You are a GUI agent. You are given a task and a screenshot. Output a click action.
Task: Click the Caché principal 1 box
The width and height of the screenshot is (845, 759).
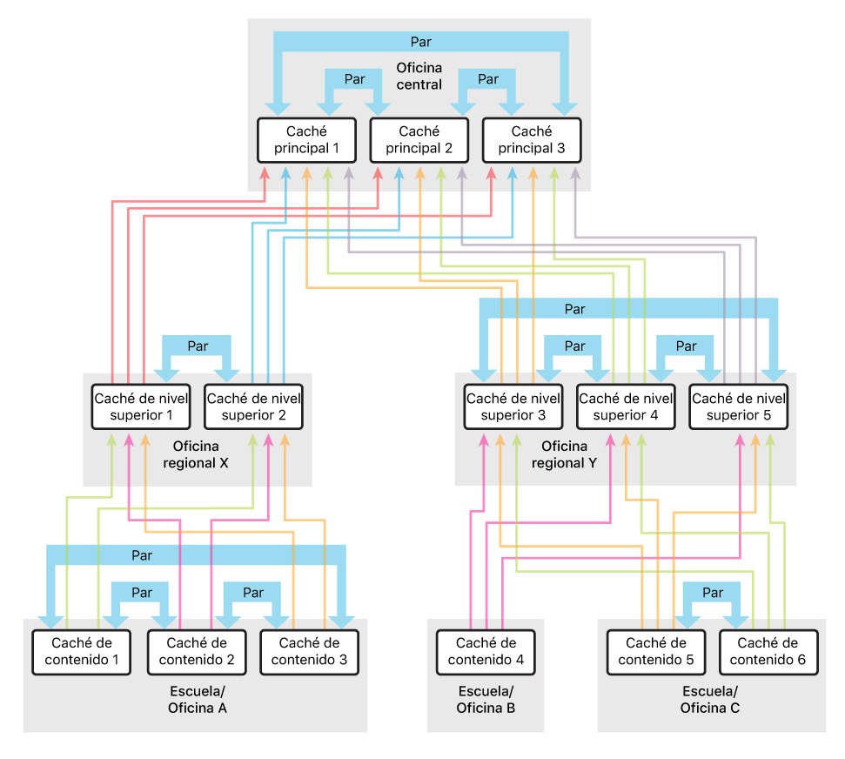coord(306,140)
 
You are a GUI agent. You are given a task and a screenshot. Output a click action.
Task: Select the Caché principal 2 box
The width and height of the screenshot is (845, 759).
coord(419,140)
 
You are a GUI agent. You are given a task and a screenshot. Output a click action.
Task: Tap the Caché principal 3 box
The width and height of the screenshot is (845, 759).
coord(531,140)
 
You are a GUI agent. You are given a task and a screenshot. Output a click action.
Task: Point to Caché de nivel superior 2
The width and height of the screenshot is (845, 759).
coord(253,406)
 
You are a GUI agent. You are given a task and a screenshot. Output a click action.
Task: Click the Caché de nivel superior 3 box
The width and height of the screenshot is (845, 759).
coord(513,406)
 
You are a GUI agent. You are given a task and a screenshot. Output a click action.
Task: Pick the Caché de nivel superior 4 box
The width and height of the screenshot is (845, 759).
coord(626,406)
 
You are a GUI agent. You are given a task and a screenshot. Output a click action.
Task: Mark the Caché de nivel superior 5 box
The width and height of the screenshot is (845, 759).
coord(738,406)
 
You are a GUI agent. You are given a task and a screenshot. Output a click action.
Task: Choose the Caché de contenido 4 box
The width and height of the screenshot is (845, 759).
coord(486,651)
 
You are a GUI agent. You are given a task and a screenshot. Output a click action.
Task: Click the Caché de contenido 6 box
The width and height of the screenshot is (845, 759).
coord(768,651)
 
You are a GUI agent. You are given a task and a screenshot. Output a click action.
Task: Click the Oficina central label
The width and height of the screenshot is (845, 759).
coord(419,77)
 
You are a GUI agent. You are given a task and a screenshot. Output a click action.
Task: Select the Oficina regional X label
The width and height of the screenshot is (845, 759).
coord(196,454)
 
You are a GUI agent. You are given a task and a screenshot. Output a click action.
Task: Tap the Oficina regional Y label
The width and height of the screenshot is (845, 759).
coord(563,454)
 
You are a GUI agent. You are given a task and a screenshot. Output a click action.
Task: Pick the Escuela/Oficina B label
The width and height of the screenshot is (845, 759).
coord(486,700)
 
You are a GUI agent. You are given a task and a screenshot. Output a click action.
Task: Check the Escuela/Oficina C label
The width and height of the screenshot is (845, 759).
coord(710,700)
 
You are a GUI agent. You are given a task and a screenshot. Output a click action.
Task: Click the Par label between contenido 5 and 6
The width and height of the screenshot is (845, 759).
coord(712,594)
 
